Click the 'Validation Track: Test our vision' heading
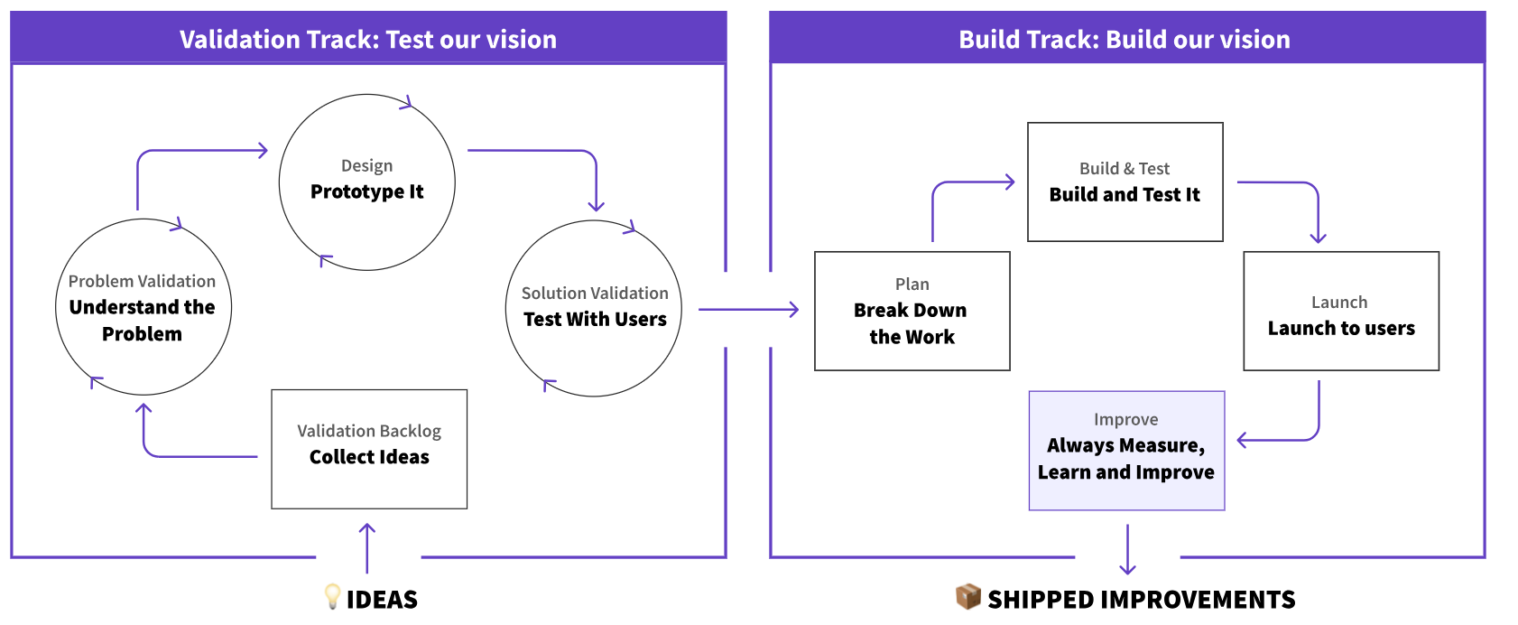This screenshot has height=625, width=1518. point(367,40)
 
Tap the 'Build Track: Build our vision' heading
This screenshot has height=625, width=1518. point(1124,40)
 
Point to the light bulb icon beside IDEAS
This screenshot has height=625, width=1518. point(332,596)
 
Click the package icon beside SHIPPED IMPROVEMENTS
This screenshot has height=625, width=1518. point(967,596)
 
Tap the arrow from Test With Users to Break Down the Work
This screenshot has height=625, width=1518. point(748,310)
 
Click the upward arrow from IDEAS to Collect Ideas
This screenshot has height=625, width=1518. point(366,548)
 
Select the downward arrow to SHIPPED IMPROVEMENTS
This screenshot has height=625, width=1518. point(1127,549)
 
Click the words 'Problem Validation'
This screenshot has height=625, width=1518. point(142,281)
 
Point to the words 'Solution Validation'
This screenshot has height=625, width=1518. point(595,293)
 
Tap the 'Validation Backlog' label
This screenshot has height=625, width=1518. point(369,431)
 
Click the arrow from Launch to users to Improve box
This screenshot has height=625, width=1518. point(1300,439)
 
